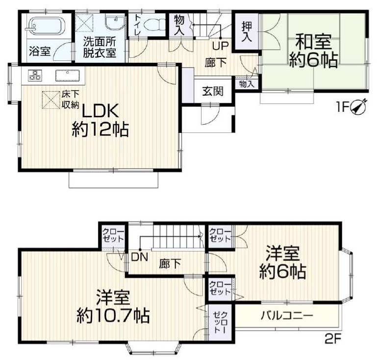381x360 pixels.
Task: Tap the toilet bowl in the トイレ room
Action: (x=154, y=25)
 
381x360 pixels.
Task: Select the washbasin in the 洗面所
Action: (x=115, y=23)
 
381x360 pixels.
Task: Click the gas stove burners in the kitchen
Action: (x=35, y=75)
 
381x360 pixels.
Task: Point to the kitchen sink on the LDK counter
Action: (x=68, y=76)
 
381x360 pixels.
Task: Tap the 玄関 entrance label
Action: (x=213, y=91)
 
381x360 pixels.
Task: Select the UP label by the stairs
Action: (x=220, y=46)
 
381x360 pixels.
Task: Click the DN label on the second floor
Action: (x=139, y=257)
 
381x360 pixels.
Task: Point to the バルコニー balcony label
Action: (x=287, y=316)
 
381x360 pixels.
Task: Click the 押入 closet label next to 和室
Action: (x=247, y=32)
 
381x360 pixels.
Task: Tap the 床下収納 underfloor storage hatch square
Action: (x=51, y=100)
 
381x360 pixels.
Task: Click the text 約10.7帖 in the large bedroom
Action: (x=113, y=315)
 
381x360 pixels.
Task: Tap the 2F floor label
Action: (x=333, y=339)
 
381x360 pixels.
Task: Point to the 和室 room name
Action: (x=314, y=42)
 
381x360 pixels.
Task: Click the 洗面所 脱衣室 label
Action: (x=100, y=47)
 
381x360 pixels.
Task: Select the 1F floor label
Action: (x=342, y=107)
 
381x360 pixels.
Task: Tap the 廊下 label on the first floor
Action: (x=215, y=63)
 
